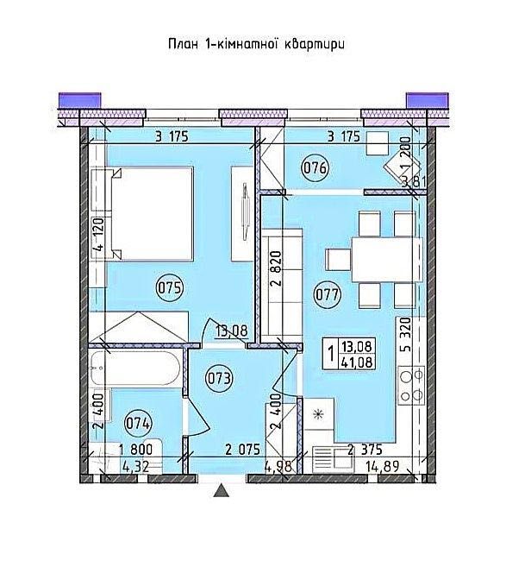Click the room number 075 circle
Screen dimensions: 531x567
tap(170, 288)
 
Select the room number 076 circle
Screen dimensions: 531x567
tap(315, 168)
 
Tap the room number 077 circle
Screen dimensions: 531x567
tap(328, 294)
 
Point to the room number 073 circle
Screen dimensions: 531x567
tap(219, 379)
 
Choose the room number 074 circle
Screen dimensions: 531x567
tap(138, 423)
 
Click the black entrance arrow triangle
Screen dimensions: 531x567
tap(222, 491)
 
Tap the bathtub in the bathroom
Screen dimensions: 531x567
tap(135, 369)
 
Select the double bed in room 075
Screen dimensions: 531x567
tap(152, 213)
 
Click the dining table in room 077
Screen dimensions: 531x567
tap(387, 259)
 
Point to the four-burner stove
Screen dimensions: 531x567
tap(411, 385)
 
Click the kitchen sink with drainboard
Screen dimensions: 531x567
tap(333, 458)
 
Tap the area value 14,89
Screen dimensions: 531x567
tap(382, 467)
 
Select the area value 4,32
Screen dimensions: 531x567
tap(135, 467)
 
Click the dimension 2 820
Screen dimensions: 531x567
tap(277, 268)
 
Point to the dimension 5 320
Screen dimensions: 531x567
tap(406, 334)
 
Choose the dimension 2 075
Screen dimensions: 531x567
tap(242, 450)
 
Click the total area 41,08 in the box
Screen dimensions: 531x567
tap(357, 362)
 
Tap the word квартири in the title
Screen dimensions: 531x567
tap(315, 45)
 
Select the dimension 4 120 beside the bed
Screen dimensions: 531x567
tap(98, 235)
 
